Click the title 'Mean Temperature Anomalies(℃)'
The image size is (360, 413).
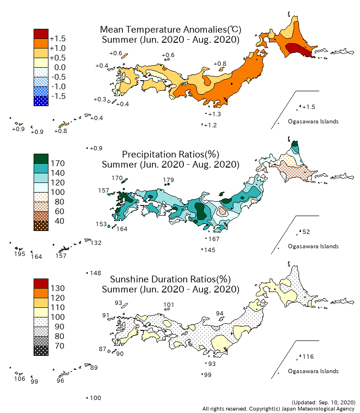[170, 29]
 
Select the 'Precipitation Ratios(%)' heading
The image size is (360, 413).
[170, 154]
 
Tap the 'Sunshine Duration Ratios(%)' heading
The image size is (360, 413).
[170, 279]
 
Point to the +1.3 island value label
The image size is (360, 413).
[215, 114]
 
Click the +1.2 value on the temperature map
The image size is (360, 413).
[211, 125]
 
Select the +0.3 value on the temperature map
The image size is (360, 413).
[99, 99]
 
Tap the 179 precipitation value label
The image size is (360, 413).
[168, 181]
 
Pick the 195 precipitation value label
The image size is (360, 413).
[19, 254]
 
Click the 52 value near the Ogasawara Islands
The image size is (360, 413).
[306, 232]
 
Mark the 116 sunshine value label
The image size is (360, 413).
[308, 357]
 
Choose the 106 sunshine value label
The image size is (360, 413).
[19, 379]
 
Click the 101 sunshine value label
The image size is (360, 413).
[168, 304]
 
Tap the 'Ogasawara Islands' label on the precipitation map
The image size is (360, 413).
[313, 246]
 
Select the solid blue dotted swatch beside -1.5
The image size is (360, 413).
[41, 101]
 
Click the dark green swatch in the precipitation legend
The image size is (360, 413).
[41, 158]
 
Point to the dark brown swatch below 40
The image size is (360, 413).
[41, 226]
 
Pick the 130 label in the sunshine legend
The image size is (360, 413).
[58, 288]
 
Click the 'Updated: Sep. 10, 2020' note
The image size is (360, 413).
[323, 402]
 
